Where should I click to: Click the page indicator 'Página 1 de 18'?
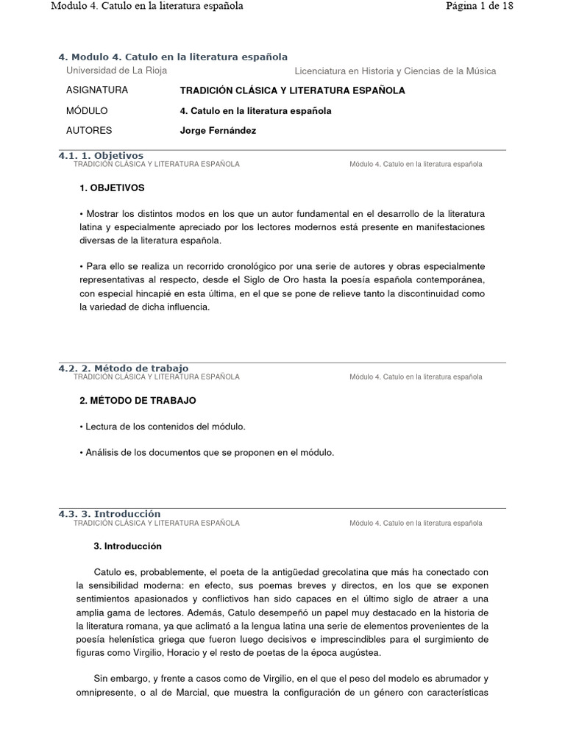(479, 7)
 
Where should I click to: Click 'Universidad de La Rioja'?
(116, 71)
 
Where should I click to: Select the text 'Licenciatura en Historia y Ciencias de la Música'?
(395, 71)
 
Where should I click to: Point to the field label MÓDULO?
(87, 111)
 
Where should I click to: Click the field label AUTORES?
(89, 131)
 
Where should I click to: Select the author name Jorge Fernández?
(218, 131)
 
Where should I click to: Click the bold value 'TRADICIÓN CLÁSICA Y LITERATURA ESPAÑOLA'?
(292, 90)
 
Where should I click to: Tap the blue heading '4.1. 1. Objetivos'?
(100, 156)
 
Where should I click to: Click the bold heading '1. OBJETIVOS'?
(112, 188)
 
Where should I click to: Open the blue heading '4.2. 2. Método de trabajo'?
(123, 368)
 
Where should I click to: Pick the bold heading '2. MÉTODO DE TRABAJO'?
(138, 401)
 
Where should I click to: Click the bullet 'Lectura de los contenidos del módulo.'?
(162, 427)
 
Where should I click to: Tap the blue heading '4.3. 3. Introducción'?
(109, 513)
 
